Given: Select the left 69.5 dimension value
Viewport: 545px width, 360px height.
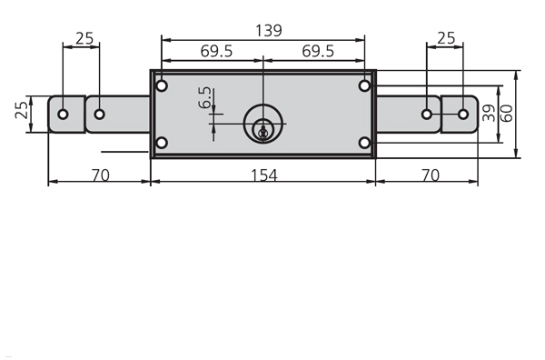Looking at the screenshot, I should [216, 51].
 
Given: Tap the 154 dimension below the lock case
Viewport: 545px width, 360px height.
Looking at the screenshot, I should [263, 174].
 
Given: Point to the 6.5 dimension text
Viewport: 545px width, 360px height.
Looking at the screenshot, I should [204, 98].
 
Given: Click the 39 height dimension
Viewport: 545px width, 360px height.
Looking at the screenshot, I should [490, 113].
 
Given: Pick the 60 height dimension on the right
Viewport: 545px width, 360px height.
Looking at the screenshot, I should [508, 113].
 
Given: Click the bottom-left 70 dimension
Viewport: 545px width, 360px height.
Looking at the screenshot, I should [100, 174].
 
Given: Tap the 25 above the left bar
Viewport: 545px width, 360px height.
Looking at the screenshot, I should [84, 37].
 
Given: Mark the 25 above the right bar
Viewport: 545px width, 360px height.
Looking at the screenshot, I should [446, 37].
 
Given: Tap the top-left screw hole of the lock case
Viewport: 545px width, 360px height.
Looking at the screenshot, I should [162, 86].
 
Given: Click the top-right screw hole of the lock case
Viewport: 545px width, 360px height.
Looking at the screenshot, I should [364, 86].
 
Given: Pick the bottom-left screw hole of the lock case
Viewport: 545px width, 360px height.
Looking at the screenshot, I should [162, 143].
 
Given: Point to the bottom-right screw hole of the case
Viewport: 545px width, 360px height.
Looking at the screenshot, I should [364, 143].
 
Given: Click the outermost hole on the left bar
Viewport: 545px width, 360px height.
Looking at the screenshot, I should [63, 115].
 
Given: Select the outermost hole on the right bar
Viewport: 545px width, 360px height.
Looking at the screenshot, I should [463, 115].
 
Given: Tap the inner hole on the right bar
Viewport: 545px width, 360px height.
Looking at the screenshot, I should [426, 115].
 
